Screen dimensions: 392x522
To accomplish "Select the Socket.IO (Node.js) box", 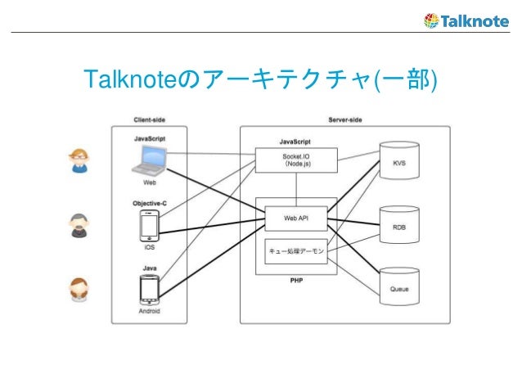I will coord(290,159).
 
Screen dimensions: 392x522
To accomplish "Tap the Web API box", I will coord(295,219).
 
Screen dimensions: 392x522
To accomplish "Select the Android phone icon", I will coord(149,290).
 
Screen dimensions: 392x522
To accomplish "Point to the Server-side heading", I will coord(344,119).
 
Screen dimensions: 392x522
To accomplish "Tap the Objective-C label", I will coord(149,202).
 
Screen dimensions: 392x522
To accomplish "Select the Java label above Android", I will coord(149,267).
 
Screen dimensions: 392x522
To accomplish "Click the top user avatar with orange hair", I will coord(79,160).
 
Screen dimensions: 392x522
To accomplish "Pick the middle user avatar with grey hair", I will coord(79,224).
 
